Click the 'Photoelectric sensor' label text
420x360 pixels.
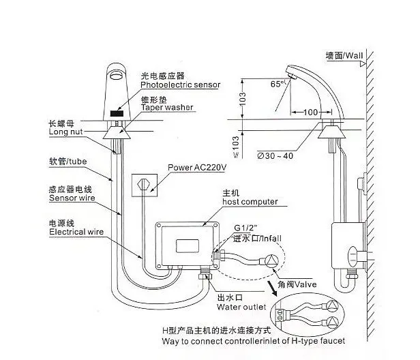tap(180, 85)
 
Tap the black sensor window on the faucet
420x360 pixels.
tap(117, 113)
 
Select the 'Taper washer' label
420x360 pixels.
tap(167, 108)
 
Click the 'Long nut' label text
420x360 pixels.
tap(65, 132)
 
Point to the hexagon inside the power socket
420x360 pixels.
tap(143, 184)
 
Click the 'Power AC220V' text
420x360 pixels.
tap(197, 168)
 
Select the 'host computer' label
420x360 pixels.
tap(250, 202)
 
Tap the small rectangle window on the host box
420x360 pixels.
tap(187, 246)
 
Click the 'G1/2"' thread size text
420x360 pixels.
tap(245, 228)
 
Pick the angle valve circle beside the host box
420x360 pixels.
tap(272, 260)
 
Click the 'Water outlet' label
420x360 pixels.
tap(241, 307)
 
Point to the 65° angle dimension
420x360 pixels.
tap(277, 84)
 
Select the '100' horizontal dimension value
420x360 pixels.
tap(310, 112)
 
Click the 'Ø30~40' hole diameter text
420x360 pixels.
tap(275, 155)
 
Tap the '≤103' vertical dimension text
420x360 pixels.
tap(235, 147)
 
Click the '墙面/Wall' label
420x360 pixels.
tap(344, 56)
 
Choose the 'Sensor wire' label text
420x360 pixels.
tap(72, 198)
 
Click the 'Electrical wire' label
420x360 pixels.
tap(76, 232)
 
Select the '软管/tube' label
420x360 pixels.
tap(67, 161)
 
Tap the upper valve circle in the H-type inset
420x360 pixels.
tap(332, 306)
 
